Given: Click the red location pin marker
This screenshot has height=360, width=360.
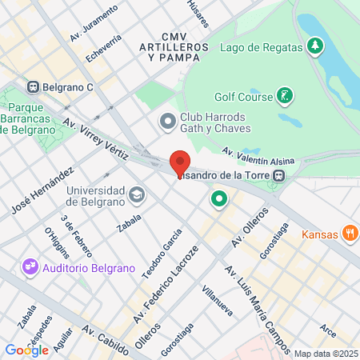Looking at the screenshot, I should (x=180, y=162).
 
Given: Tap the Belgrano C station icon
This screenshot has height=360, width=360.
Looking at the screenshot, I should (x=34, y=87).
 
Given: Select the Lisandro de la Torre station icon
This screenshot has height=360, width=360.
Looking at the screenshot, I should (x=278, y=175).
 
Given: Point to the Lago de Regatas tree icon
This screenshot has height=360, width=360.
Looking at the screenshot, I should (x=315, y=46).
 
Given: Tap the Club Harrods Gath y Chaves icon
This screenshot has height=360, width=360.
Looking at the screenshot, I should (x=168, y=122).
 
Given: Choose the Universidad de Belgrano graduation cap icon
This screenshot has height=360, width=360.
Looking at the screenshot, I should (x=137, y=194).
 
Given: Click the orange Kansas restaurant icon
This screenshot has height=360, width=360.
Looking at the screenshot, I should (x=349, y=234).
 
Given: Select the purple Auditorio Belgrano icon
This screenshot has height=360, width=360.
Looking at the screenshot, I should (x=30, y=265).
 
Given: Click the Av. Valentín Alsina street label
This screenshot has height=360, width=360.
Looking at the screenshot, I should (x=258, y=155).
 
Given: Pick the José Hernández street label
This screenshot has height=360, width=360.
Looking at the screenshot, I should (x=43, y=191).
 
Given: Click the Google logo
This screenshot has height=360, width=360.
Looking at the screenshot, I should (x=26, y=350).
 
